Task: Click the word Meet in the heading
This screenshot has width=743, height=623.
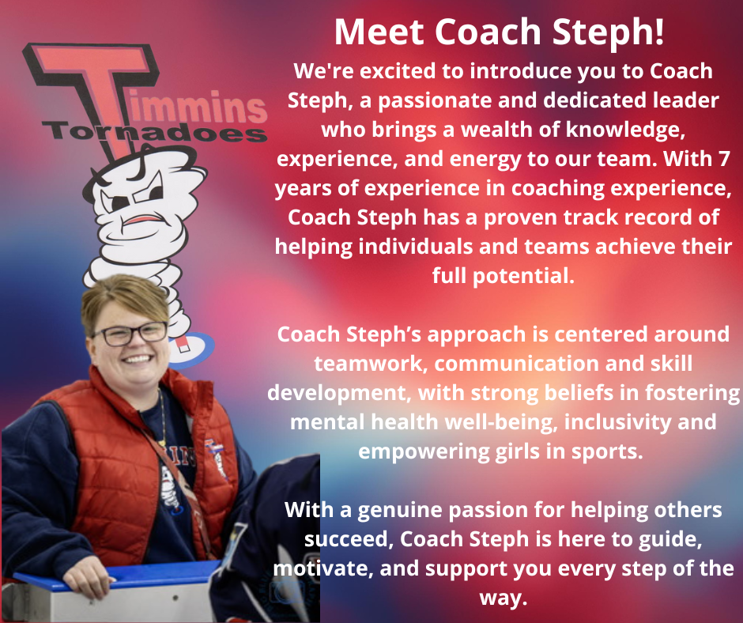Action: click(379, 32)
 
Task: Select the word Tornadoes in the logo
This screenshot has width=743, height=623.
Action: click(154, 132)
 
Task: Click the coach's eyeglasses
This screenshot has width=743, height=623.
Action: click(130, 334)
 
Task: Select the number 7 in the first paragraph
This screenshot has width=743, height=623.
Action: click(723, 159)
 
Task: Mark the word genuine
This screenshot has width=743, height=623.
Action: click(399, 511)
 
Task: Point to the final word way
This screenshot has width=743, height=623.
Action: click(504, 598)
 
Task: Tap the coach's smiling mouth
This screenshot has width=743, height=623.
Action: click(138, 359)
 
